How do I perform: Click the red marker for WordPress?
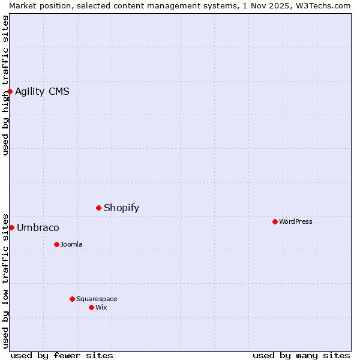tap(275, 221)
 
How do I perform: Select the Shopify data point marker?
tap(98, 208)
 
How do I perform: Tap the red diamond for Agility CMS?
tap(10, 91)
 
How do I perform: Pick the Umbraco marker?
tap(11, 227)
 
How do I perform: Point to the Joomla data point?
tap(56, 244)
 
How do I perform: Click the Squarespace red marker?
tap(72, 299)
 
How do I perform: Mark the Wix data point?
tap(91, 307)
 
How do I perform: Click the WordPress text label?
tap(295, 221)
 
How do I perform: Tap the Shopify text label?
tap(121, 208)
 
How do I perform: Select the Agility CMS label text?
tap(42, 91)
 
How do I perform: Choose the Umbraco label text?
tap(38, 227)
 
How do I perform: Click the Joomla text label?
tap(71, 244)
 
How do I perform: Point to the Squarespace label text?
tap(97, 299)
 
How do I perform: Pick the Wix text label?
tap(101, 307)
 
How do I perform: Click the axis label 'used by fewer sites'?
tap(62, 355)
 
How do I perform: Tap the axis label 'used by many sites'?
tap(301, 355)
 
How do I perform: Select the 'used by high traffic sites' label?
tap(5, 85)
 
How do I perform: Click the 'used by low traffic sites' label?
tap(5, 280)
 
